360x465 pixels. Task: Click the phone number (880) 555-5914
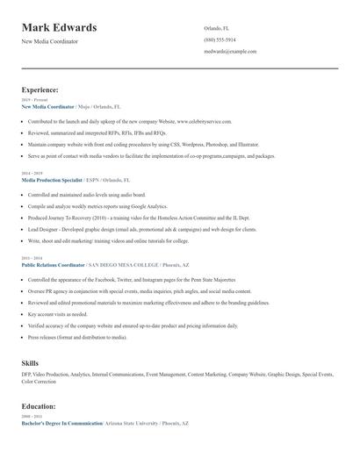click(220, 39)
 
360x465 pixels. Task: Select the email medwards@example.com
click(230, 52)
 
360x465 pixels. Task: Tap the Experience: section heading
click(40, 89)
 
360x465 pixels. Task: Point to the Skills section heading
click(30, 362)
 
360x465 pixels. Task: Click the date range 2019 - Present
click(31, 100)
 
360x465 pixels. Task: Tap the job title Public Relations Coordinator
click(54, 263)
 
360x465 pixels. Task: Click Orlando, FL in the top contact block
click(216, 28)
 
